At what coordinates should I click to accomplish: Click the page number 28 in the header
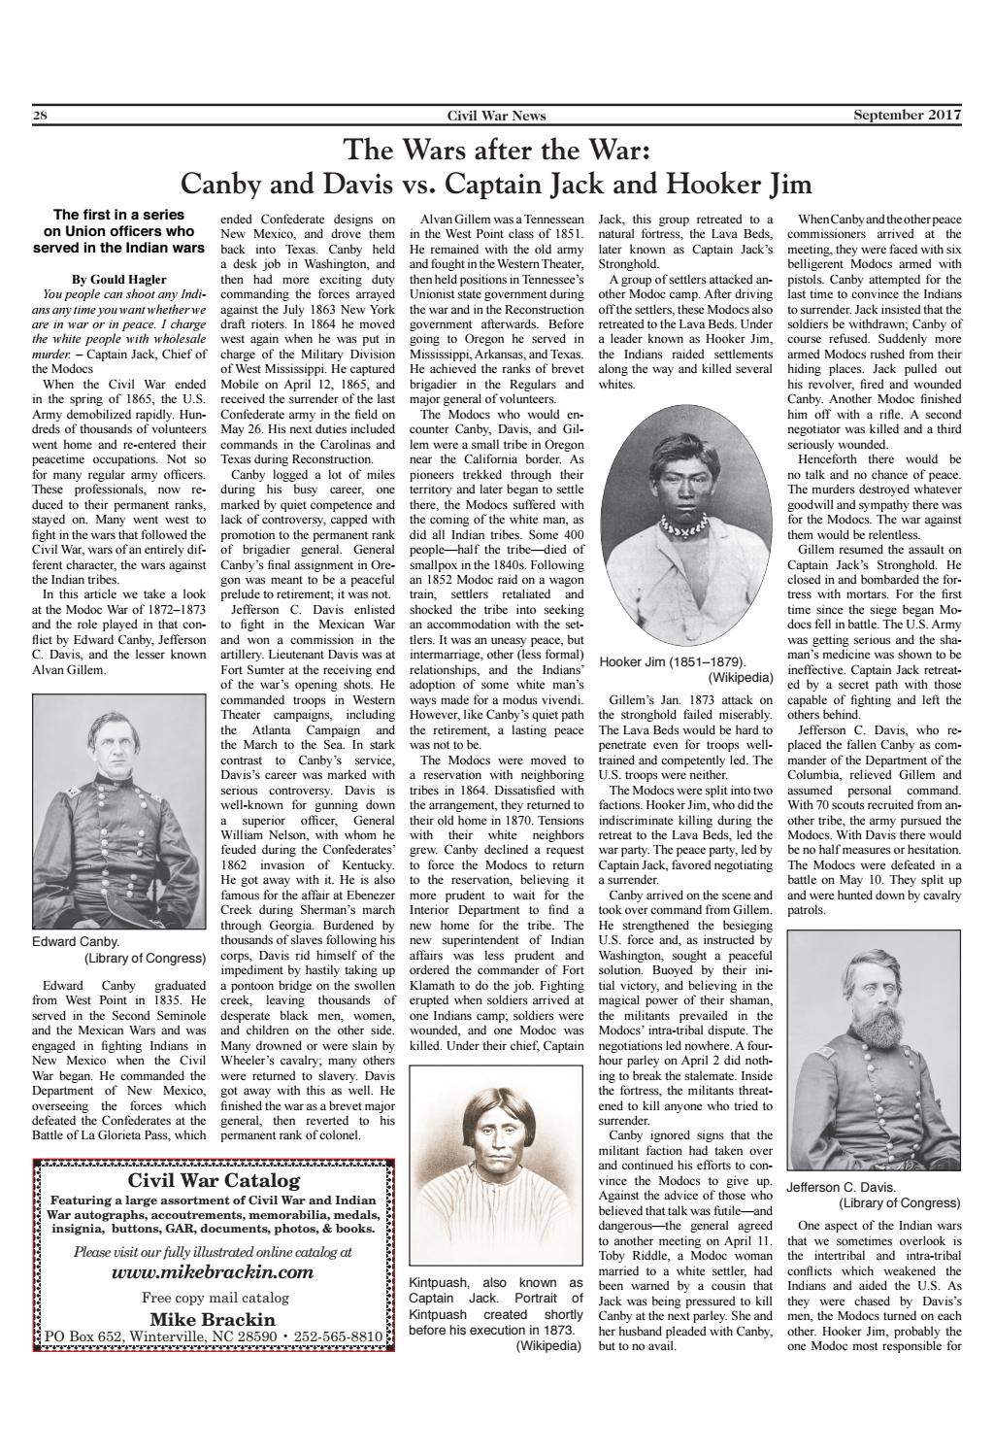click(40, 116)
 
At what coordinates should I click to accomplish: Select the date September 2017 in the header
click(907, 116)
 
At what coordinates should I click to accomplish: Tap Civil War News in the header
click(496, 116)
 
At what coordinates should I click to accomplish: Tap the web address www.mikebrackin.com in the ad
click(213, 1272)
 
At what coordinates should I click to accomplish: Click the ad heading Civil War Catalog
click(214, 1181)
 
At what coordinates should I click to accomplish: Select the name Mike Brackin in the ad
click(213, 1319)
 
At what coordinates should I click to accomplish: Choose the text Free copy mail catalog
click(213, 1297)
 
